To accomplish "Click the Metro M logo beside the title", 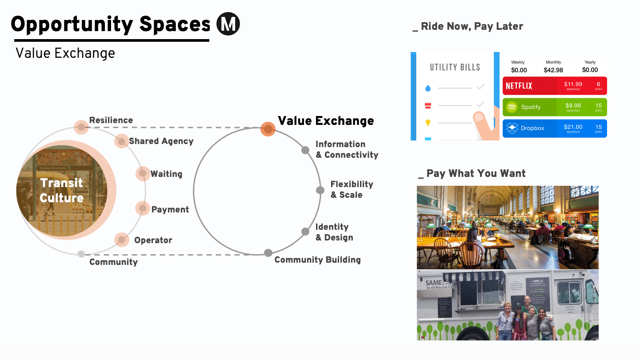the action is pos(228,24).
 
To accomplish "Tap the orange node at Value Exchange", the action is pos(268,129).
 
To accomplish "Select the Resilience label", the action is pos(111,120).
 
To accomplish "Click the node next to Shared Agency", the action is pos(121,141).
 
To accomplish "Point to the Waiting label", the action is pos(166,174).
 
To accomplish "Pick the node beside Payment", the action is pos(143,208).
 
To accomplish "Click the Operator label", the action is pos(153,240).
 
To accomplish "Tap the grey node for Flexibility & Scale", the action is pos(320,190).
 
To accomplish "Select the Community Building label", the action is pos(317,260).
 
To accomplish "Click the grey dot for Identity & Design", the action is pos(305,232).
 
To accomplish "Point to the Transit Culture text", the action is pos(61,190).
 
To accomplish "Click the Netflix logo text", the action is pos(519,86).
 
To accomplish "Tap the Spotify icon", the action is pos(512,107).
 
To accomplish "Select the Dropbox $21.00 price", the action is pos(573,127).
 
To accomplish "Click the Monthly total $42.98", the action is pos(553,70).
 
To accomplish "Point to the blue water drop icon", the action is pos(428,88).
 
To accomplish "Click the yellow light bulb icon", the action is pos(428,123).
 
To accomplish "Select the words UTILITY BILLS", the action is pos(455,68).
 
